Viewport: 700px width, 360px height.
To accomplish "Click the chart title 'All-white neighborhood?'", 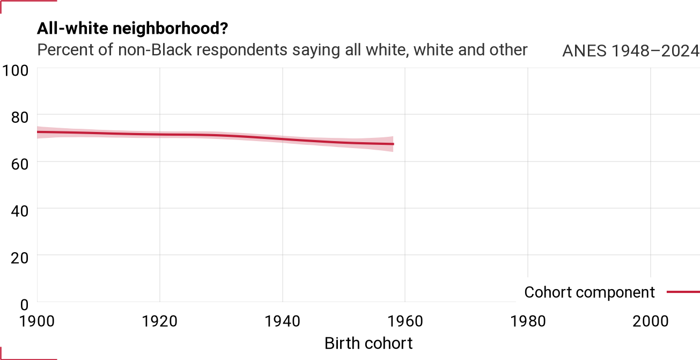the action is [132, 28].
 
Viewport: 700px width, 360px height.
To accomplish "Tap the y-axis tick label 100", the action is [16, 71].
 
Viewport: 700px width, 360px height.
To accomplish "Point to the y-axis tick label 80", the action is [20, 117].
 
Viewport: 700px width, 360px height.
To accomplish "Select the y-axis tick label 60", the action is [20, 164].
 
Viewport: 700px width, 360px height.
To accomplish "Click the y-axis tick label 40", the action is [20, 211].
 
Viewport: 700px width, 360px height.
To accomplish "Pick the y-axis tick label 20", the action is [20, 258].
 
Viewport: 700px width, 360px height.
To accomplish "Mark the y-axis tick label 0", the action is [24, 305].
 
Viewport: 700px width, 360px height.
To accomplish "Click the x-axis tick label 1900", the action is [37, 321].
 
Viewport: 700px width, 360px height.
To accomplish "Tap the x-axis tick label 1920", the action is [160, 321].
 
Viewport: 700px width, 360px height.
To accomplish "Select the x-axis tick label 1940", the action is [283, 321].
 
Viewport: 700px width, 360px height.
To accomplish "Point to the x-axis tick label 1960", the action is [406, 321].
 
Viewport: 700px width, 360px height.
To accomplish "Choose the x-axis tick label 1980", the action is [528, 321].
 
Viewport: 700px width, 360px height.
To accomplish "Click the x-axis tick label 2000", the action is [651, 321].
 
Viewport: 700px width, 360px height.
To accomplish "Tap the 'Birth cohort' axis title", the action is [369, 343].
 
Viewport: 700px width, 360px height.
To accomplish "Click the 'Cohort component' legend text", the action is [590, 292].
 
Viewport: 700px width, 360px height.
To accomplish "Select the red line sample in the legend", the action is [683, 292].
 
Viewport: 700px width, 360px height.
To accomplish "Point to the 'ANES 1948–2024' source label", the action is [631, 50].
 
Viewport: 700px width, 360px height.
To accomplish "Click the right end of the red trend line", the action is [393, 144].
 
